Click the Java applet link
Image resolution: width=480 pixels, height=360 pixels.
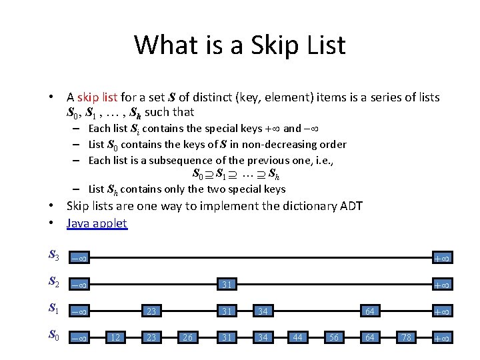[x=97, y=223]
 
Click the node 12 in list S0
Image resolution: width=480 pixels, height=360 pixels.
[x=115, y=338]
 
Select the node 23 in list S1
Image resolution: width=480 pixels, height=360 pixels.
[x=151, y=311]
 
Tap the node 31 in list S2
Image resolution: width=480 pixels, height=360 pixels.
[x=227, y=285]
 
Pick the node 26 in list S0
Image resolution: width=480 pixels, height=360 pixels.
[x=187, y=338]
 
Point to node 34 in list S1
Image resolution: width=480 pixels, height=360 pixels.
[x=263, y=311]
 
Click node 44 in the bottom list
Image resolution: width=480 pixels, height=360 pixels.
[x=297, y=338]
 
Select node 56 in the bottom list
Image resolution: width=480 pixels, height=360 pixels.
[x=333, y=338]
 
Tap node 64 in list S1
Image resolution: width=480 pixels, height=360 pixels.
[x=369, y=311]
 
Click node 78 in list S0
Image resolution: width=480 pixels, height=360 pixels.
[x=405, y=338]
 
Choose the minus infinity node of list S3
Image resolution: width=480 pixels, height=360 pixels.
[x=79, y=258]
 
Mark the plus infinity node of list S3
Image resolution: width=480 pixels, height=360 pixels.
[x=441, y=258]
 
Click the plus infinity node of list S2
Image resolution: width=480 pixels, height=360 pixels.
[x=441, y=285]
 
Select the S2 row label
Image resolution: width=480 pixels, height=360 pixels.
[x=54, y=283]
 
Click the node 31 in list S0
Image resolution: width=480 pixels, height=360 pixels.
[x=227, y=338]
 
